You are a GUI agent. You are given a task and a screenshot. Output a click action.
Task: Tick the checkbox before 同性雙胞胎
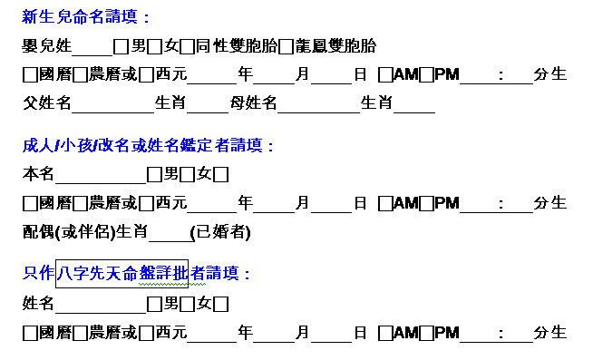click(x=187, y=47)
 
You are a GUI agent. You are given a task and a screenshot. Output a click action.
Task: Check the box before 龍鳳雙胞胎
click(x=286, y=47)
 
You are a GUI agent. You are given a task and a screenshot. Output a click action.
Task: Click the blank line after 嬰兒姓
click(x=92, y=55)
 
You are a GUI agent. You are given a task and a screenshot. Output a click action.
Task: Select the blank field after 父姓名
click(x=112, y=112)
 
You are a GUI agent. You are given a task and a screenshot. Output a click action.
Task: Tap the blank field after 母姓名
click(x=319, y=112)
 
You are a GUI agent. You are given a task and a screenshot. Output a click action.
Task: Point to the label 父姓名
click(x=46, y=102)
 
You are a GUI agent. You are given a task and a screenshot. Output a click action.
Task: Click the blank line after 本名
click(x=101, y=183)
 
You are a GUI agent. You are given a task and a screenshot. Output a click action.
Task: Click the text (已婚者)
click(x=220, y=232)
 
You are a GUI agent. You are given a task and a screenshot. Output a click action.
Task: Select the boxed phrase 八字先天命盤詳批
click(x=122, y=274)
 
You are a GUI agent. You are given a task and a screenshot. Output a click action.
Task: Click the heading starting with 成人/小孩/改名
click(x=148, y=146)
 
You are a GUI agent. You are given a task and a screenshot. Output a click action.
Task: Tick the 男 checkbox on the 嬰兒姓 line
click(x=121, y=47)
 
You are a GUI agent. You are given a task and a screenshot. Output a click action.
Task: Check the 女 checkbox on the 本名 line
click(x=187, y=175)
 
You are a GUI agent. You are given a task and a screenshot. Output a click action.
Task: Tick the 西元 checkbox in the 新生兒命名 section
click(x=146, y=75)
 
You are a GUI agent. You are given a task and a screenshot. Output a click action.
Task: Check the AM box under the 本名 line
click(x=385, y=204)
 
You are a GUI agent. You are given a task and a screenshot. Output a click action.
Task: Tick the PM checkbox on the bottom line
click(x=426, y=333)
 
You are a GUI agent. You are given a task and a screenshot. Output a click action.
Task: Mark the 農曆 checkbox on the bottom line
click(x=80, y=333)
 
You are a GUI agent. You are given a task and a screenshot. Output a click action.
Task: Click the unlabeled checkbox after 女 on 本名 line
click(x=221, y=175)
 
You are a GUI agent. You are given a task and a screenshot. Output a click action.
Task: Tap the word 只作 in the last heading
click(x=39, y=274)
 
